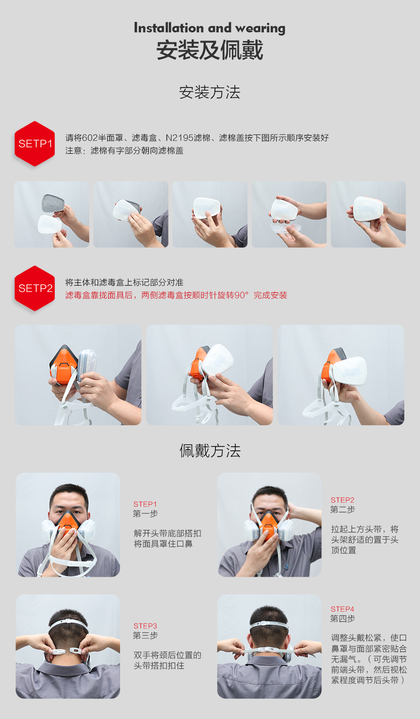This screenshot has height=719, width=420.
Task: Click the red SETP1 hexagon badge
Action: [35, 144]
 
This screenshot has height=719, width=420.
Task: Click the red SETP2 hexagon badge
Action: [35, 288]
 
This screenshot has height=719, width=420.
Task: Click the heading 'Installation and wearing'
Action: [210, 28]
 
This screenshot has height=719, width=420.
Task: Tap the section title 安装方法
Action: [210, 93]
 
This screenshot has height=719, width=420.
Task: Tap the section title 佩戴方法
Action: [210, 451]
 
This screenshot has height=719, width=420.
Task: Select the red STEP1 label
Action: [145, 504]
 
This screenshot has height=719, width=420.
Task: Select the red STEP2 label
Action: [342, 500]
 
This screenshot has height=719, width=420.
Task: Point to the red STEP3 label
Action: [145, 625]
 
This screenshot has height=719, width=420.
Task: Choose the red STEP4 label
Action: [342, 609]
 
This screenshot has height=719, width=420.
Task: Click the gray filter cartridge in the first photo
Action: [53, 203]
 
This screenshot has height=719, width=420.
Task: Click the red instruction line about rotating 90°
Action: [176, 295]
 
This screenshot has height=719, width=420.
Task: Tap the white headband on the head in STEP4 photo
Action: [269, 625]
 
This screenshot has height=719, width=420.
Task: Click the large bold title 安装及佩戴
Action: [210, 50]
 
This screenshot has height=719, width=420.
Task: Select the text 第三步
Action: [146, 635]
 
